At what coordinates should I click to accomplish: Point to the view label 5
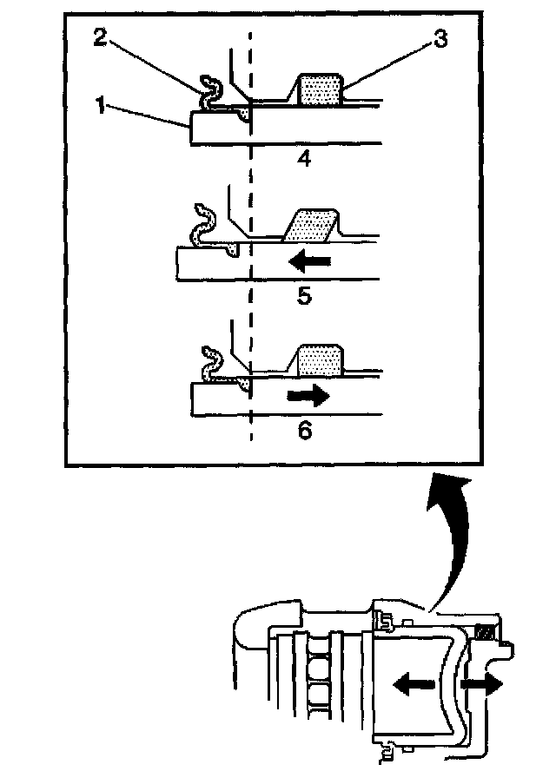[304, 295]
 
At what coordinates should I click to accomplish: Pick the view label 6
[304, 429]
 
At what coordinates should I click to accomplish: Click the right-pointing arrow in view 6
[308, 397]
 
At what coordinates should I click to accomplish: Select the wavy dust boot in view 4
[209, 90]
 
